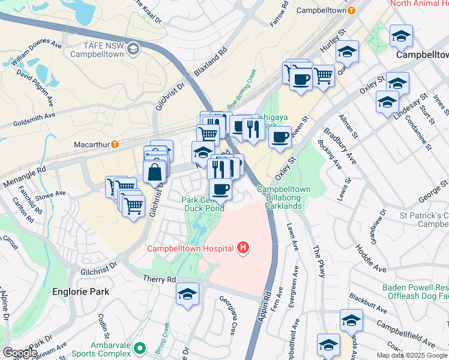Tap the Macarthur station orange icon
pyautogui.click(x=114, y=145)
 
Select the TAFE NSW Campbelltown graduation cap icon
pyautogui.click(x=134, y=49)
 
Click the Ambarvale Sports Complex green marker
pyautogui.click(x=140, y=348)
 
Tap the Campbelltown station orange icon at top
pyautogui.click(x=352, y=11)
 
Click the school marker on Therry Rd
pyautogui.click(x=188, y=295)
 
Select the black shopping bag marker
pyautogui.click(x=155, y=172)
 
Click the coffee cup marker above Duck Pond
pyautogui.click(x=220, y=189)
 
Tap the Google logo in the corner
pyautogui.click(x=19, y=353)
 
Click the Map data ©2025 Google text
pyautogui.click(x=412, y=355)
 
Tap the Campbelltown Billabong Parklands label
pyautogui.click(x=284, y=197)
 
